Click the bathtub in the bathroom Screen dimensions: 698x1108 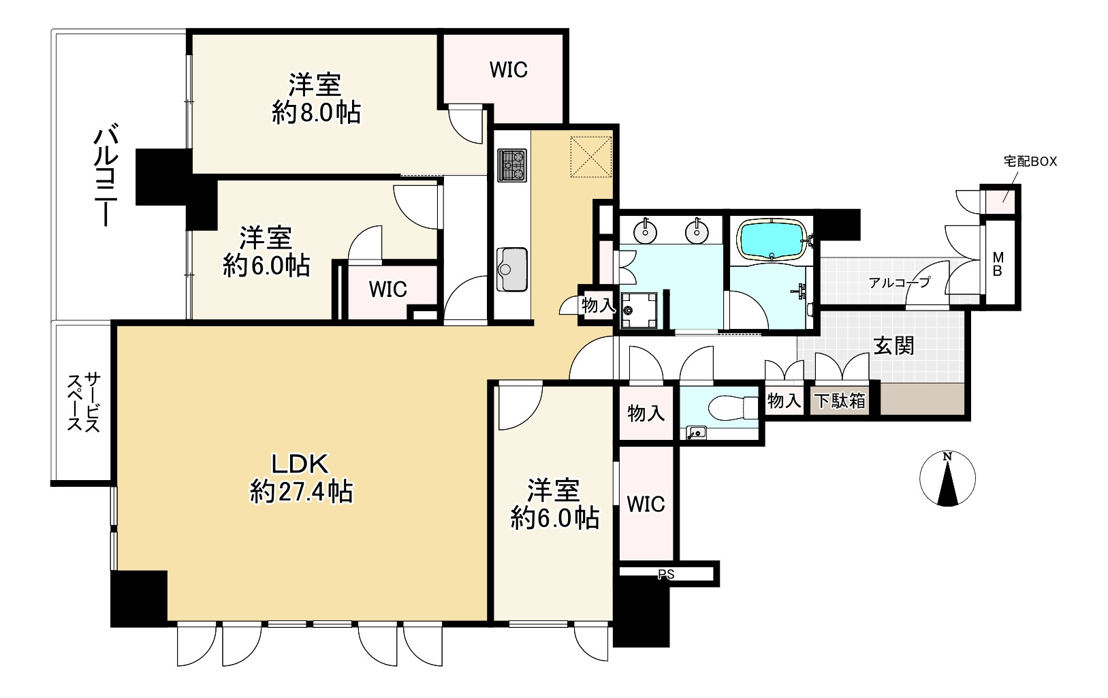pos(772,240)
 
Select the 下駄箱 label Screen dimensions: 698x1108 pos(840,401)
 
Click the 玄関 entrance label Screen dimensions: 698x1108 pos(893,346)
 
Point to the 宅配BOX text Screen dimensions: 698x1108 pos(1030,162)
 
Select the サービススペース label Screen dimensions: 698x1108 pos(84,402)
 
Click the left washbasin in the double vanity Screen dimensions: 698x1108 pos(645,232)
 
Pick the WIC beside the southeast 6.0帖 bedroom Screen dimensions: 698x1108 pos(646,504)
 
